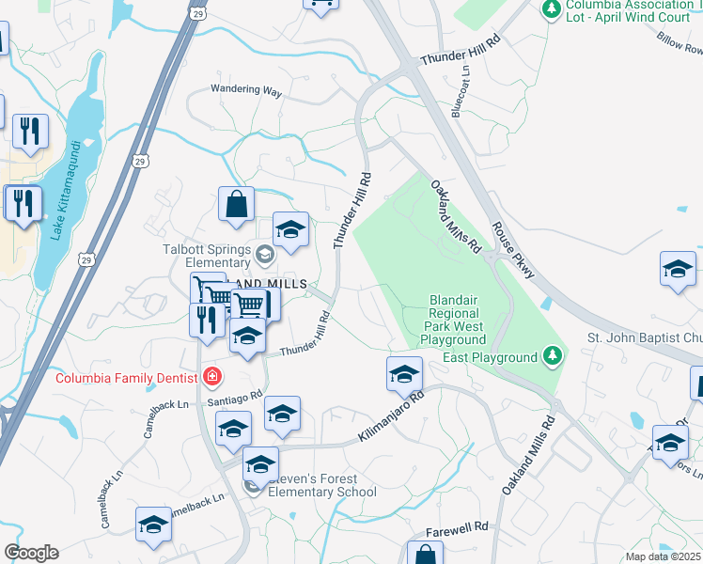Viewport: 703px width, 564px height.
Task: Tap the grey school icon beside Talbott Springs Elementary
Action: coord(266,252)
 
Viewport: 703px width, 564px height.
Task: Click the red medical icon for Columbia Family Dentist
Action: coord(212,378)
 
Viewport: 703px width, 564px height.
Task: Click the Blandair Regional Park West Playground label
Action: coord(454,320)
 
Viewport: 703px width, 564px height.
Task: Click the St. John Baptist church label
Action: coord(645,337)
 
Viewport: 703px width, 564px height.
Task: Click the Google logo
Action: coord(30,553)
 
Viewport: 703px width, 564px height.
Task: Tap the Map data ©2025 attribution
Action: coord(663,556)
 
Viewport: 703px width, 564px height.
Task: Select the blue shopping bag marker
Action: coord(236,204)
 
